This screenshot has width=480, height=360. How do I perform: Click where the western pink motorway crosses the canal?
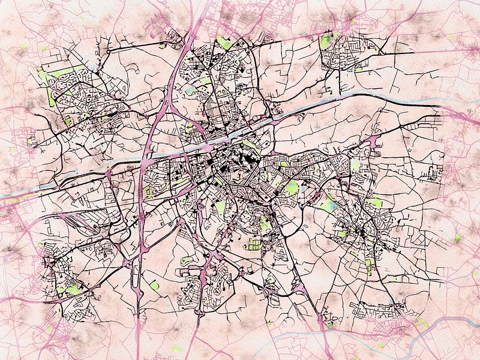(x=146, y=157)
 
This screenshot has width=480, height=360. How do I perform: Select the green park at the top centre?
(x=224, y=42)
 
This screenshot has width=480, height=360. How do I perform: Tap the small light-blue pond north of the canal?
(x=191, y=91)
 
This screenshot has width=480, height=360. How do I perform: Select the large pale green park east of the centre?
(x=292, y=188)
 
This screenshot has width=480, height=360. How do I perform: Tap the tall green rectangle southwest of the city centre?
(x=221, y=208)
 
